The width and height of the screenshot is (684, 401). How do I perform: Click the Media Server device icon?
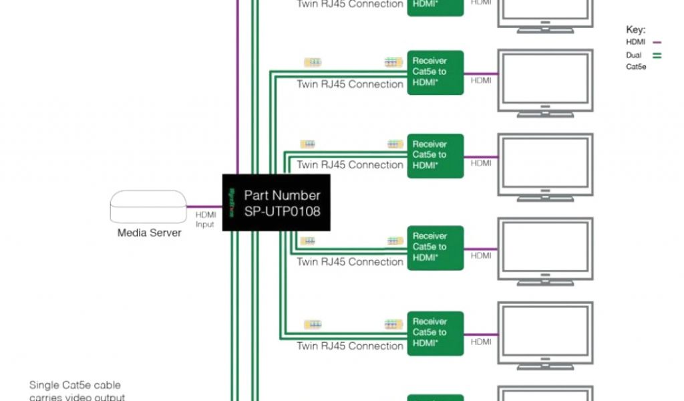click(x=148, y=207)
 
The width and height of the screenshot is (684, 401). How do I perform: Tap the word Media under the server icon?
click(x=132, y=233)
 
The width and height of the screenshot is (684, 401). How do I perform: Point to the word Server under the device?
click(x=165, y=233)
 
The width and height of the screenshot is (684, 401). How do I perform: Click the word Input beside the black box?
click(x=205, y=225)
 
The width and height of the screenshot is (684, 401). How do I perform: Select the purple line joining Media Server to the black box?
click(x=204, y=207)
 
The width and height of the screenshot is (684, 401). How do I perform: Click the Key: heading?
click(x=635, y=30)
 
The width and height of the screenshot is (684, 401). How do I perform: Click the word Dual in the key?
click(x=634, y=55)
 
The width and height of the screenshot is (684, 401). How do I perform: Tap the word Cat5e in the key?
click(x=636, y=67)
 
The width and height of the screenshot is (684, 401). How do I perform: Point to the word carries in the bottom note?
click(x=45, y=397)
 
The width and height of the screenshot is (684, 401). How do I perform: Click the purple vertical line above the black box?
click(x=237, y=87)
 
